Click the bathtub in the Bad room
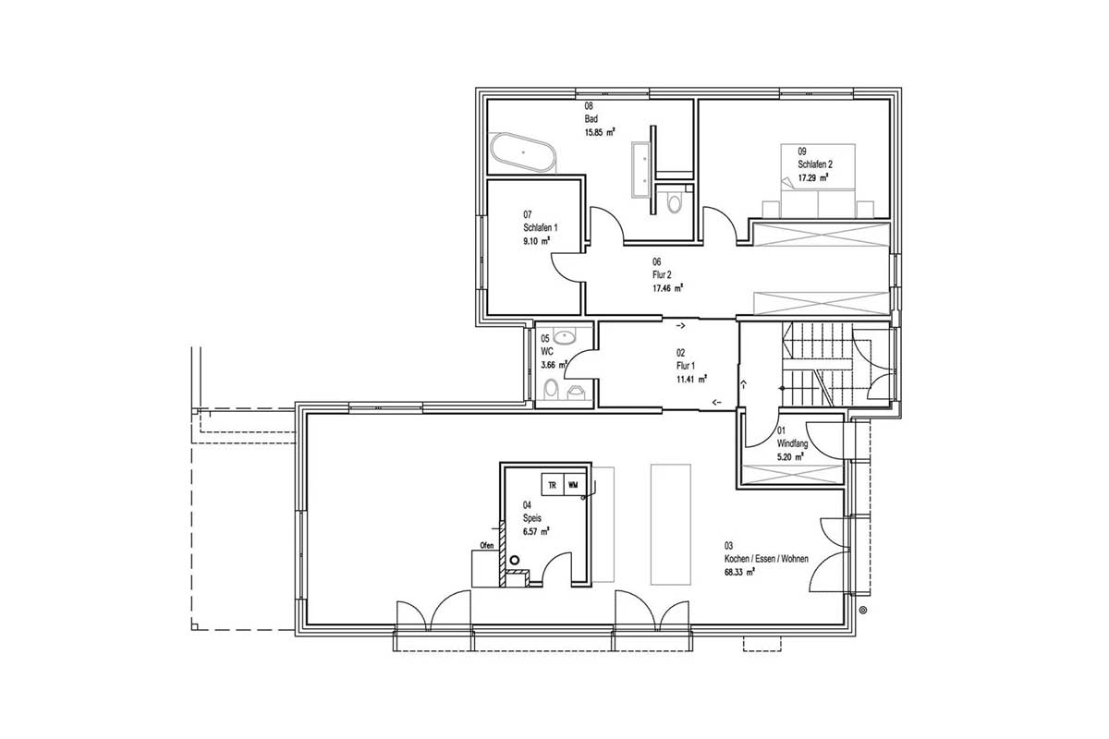click(523, 152)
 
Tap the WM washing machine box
click(573, 485)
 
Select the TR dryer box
click(553, 485)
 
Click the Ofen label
click(487, 545)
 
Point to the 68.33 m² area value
click(739, 573)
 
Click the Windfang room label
click(792, 444)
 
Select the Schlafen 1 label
click(540, 227)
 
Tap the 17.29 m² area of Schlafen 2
click(813, 177)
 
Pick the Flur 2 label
click(662, 274)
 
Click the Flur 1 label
click(686, 366)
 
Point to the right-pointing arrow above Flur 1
click(681, 326)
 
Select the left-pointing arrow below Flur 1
click(717, 402)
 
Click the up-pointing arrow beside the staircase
click(743, 384)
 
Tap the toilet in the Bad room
click(674, 202)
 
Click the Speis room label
click(532, 518)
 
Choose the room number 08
click(589, 105)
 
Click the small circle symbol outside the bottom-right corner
click(863, 611)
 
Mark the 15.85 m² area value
click(600, 132)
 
